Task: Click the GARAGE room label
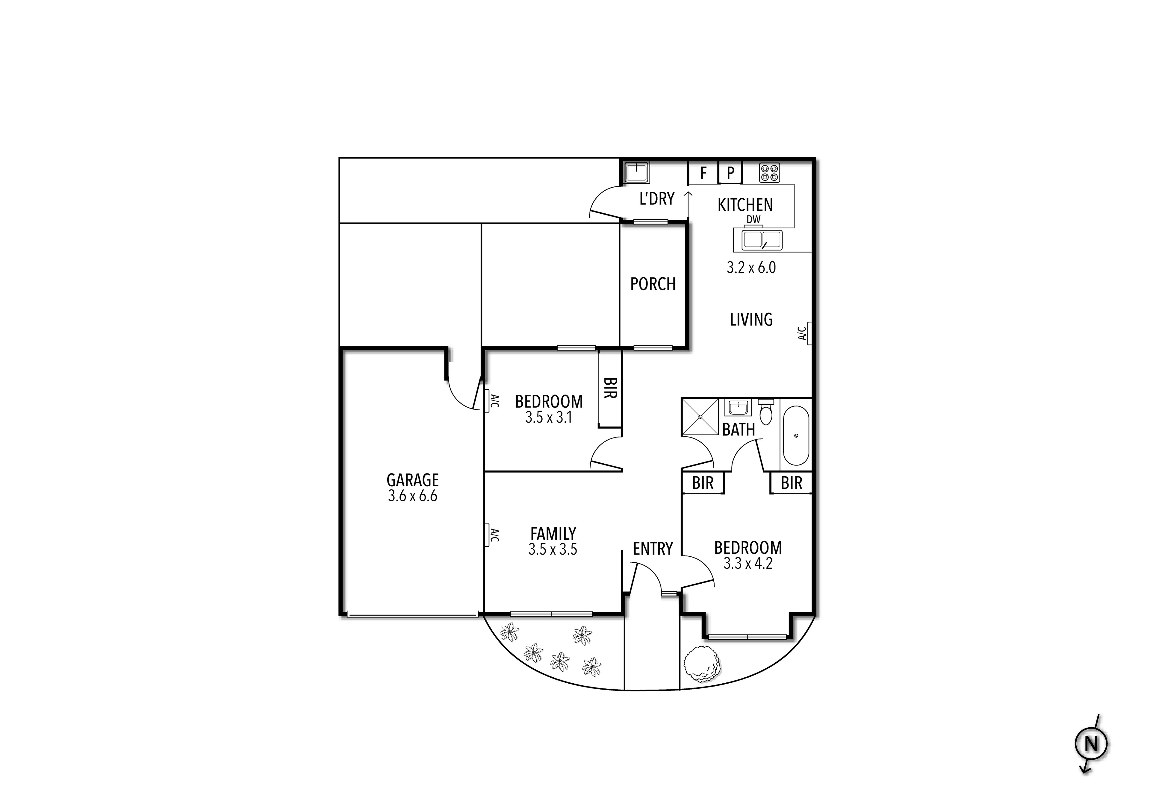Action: (x=412, y=480)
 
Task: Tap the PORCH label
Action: (x=653, y=284)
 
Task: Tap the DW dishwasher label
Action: (x=753, y=219)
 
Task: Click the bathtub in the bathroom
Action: (x=796, y=435)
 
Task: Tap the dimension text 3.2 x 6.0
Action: (x=751, y=268)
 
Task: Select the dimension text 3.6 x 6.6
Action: (x=412, y=496)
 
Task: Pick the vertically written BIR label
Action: (x=610, y=388)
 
